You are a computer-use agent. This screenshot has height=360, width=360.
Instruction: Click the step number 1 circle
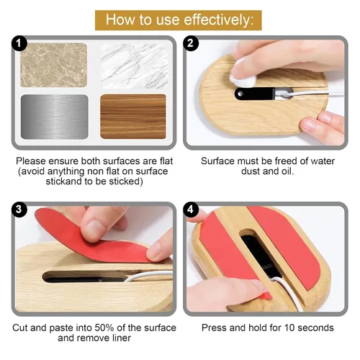19,43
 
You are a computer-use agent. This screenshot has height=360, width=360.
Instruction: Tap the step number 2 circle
191,43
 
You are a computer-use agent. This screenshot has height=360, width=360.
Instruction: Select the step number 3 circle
19,210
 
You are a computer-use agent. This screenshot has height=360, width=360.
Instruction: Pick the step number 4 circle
191,210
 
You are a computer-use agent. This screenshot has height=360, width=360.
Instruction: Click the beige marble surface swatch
54,65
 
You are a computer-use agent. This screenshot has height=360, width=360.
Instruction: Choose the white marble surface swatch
135,66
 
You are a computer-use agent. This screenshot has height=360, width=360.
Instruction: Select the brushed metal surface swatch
55,117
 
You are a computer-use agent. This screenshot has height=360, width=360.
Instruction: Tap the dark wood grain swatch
133,117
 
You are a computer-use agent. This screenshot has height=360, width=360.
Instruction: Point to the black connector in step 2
255,94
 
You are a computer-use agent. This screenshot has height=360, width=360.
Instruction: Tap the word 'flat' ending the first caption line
166,161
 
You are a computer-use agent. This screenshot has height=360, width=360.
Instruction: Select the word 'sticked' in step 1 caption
125,181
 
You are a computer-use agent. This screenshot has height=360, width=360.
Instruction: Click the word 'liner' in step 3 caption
122,338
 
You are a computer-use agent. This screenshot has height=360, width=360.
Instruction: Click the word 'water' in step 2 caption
323,161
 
